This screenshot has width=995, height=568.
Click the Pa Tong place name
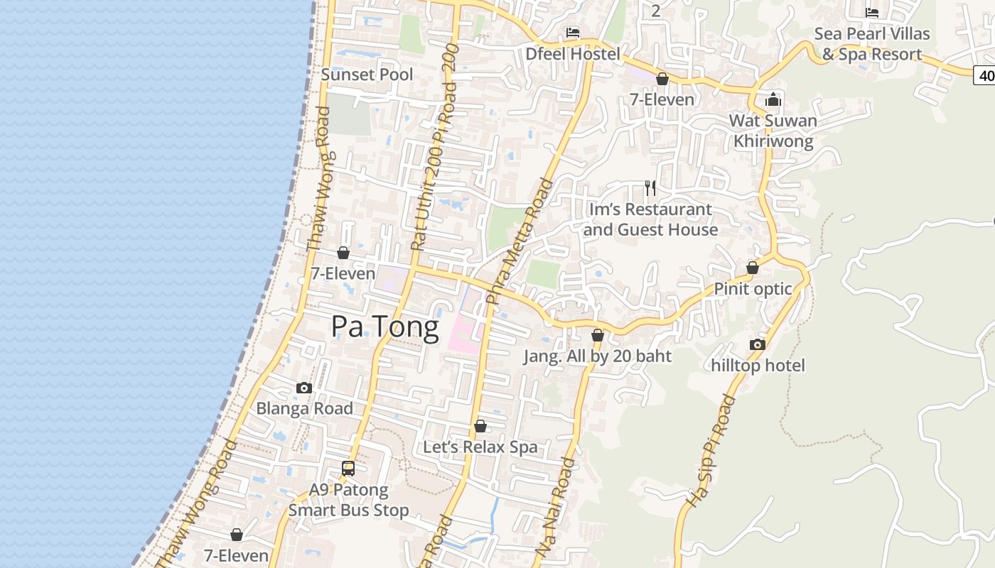click(x=385, y=327)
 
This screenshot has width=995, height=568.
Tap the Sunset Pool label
click(x=367, y=75)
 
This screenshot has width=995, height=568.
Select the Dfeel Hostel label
click(x=573, y=54)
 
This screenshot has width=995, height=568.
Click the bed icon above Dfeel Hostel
click(x=573, y=33)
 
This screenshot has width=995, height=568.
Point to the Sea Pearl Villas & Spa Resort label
click(x=872, y=44)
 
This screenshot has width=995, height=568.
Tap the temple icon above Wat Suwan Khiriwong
click(x=773, y=99)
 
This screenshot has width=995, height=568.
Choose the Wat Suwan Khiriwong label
click(x=773, y=131)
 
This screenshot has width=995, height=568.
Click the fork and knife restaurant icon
click(x=650, y=188)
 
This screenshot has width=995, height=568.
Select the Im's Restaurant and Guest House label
click(x=650, y=219)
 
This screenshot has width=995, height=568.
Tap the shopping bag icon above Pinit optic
click(x=753, y=268)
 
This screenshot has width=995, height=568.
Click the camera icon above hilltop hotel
click(x=758, y=345)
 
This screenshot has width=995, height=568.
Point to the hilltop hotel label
click(x=758, y=366)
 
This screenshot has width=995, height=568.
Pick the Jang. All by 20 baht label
click(x=598, y=356)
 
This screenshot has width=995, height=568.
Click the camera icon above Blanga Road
click(x=304, y=388)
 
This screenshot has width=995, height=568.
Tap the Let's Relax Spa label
click(x=480, y=447)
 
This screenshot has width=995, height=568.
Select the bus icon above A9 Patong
click(x=348, y=469)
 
